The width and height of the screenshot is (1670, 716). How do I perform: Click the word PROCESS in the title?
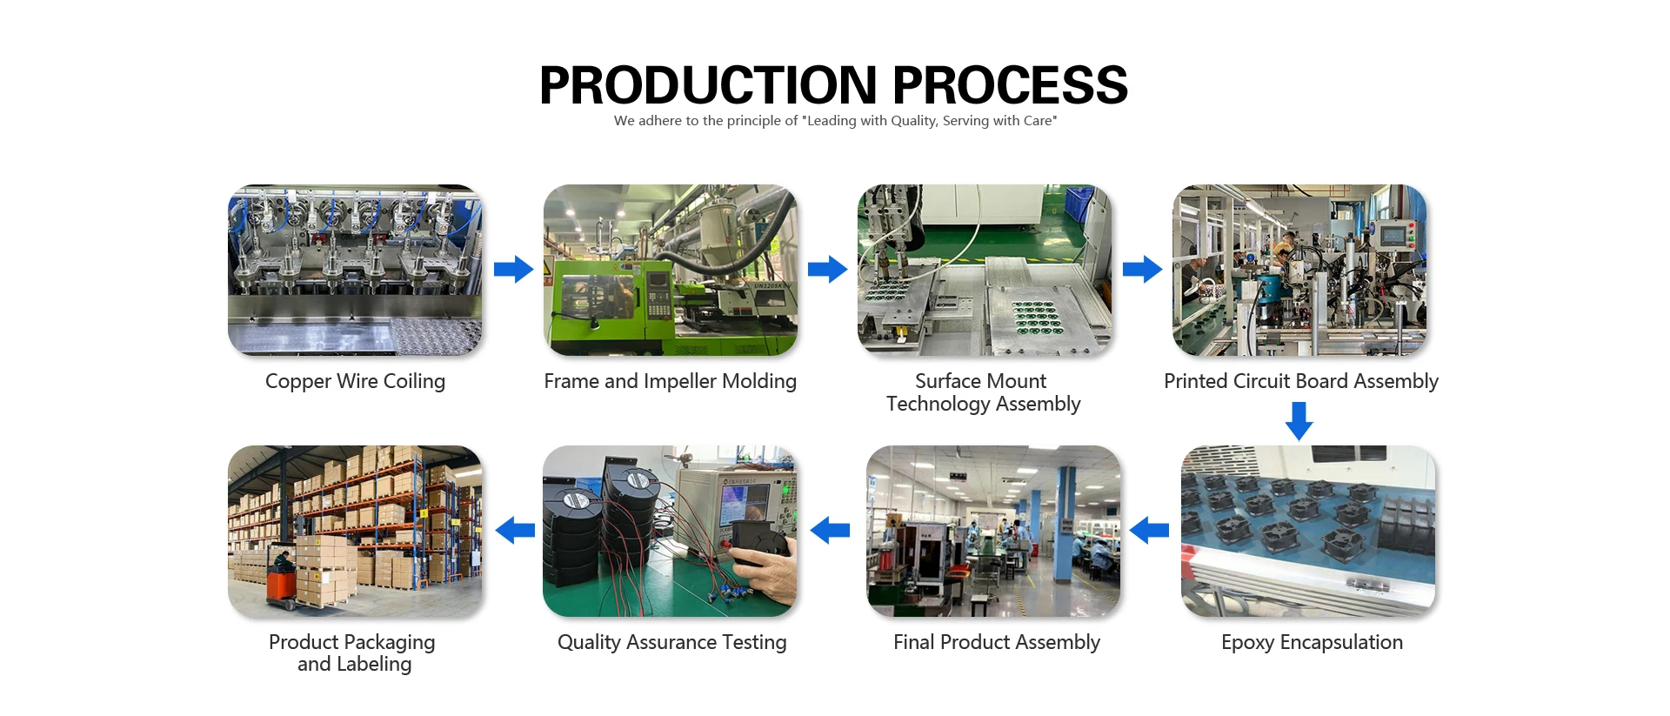(x=1010, y=85)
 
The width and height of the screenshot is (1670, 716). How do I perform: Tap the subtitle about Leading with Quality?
(x=835, y=121)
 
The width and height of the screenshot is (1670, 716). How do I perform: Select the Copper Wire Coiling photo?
(x=355, y=270)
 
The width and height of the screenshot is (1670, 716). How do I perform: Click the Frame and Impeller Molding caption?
(x=670, y=381)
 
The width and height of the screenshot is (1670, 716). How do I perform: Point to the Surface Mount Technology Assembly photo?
(x=985, y=270)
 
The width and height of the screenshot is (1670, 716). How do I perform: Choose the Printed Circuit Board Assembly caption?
(x=1300, y=381)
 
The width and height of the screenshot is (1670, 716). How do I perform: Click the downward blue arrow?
(x=1299, y=421)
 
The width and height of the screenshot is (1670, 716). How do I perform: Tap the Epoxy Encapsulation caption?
(x=1312, y=642)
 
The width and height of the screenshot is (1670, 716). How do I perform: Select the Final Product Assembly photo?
(x=993, y=531)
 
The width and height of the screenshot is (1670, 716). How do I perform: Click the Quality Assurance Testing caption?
(x=671, y=642)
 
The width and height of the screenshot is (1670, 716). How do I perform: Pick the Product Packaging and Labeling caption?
(x=353, y=652)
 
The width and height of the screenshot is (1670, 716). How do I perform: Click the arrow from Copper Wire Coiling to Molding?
(x=513, y=269)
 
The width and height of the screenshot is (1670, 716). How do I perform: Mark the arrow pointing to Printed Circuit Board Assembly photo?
(x=1142, y=269)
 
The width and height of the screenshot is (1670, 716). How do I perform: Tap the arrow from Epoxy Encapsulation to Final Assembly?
(x=1149, y=530)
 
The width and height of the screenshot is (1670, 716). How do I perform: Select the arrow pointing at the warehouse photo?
(x=515, y=530)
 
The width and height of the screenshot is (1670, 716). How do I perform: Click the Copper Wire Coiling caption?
(x=355, y=381)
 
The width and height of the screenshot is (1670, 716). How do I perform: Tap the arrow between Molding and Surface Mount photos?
(x=827, y=269)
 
